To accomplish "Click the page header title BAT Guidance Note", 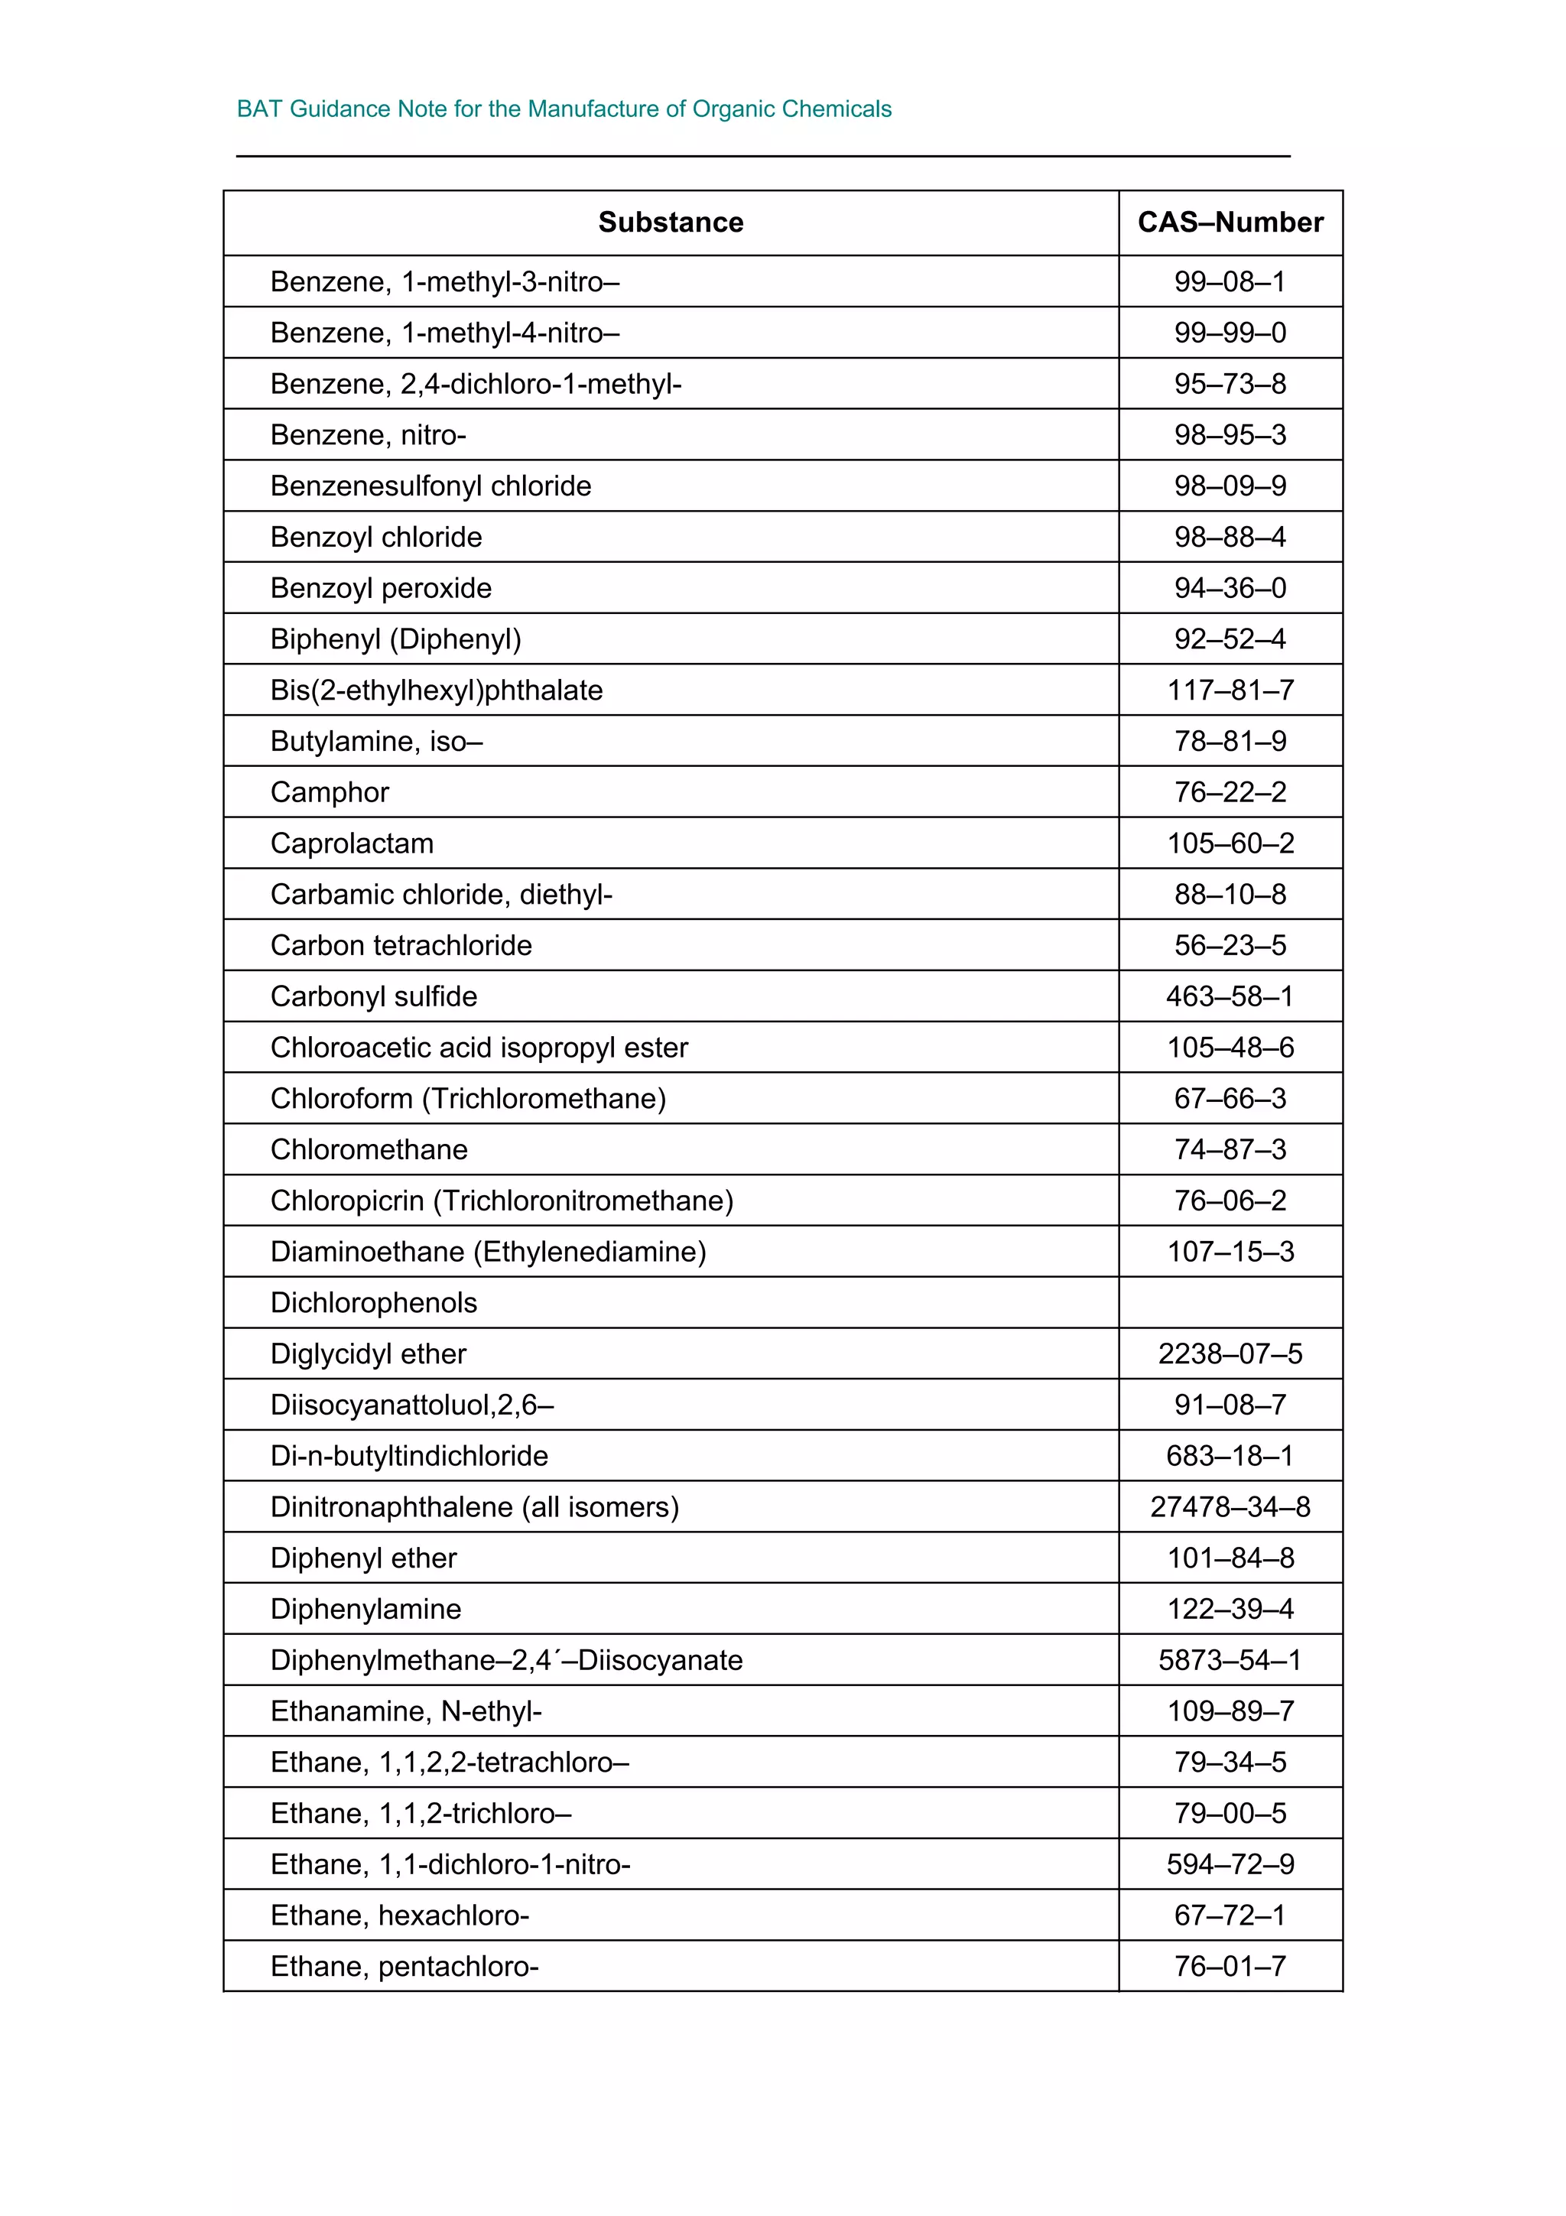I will (x=564, y=109).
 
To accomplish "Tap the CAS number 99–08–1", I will (x=1230, y=282).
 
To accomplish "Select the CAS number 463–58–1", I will (x=1230, y=996).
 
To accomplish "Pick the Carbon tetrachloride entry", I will (x=401, y=945).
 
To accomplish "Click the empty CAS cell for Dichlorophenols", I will (x=1230, y=1302).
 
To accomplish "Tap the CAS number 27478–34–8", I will (x=1230, y=1506).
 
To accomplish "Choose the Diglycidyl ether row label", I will (x=368, y=1353).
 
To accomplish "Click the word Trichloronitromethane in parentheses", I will (x=583, y=1201).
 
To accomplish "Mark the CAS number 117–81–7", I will (x=1230, y=690).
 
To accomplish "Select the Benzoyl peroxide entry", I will (x=380, y=588).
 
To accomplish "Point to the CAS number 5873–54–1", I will (x=1230, y=1660).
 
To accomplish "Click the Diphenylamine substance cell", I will (x=366, y=1609).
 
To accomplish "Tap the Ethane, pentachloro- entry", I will (x=404, y=1966).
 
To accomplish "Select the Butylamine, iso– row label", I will (x=376, y=741).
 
